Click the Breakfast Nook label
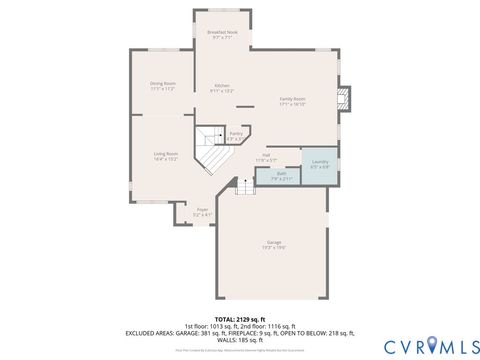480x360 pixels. click(x=222, y=34)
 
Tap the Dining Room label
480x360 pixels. click(x=163, y=86)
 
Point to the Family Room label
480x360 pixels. click(x=292, y=100)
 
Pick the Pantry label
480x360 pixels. click(x=236, y=135)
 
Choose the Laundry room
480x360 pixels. click(x=320, y=164)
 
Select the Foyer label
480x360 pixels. click(x=202, y=211)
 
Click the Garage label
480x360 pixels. click(x=273, y=245)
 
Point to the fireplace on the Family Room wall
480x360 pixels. click(x=345, y=97)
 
